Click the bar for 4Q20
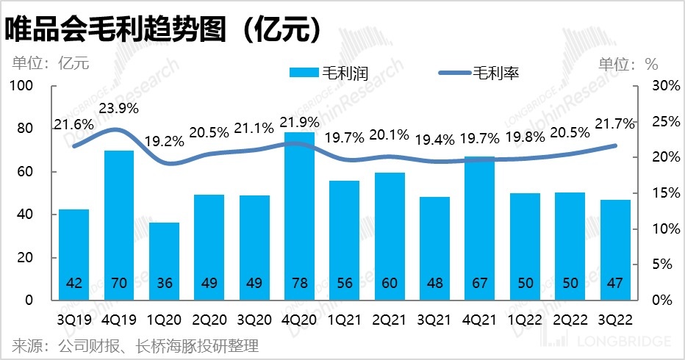[x=299, y=213]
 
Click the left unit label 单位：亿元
[x=49, y=63]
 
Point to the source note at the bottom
[x=135, y=345]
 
